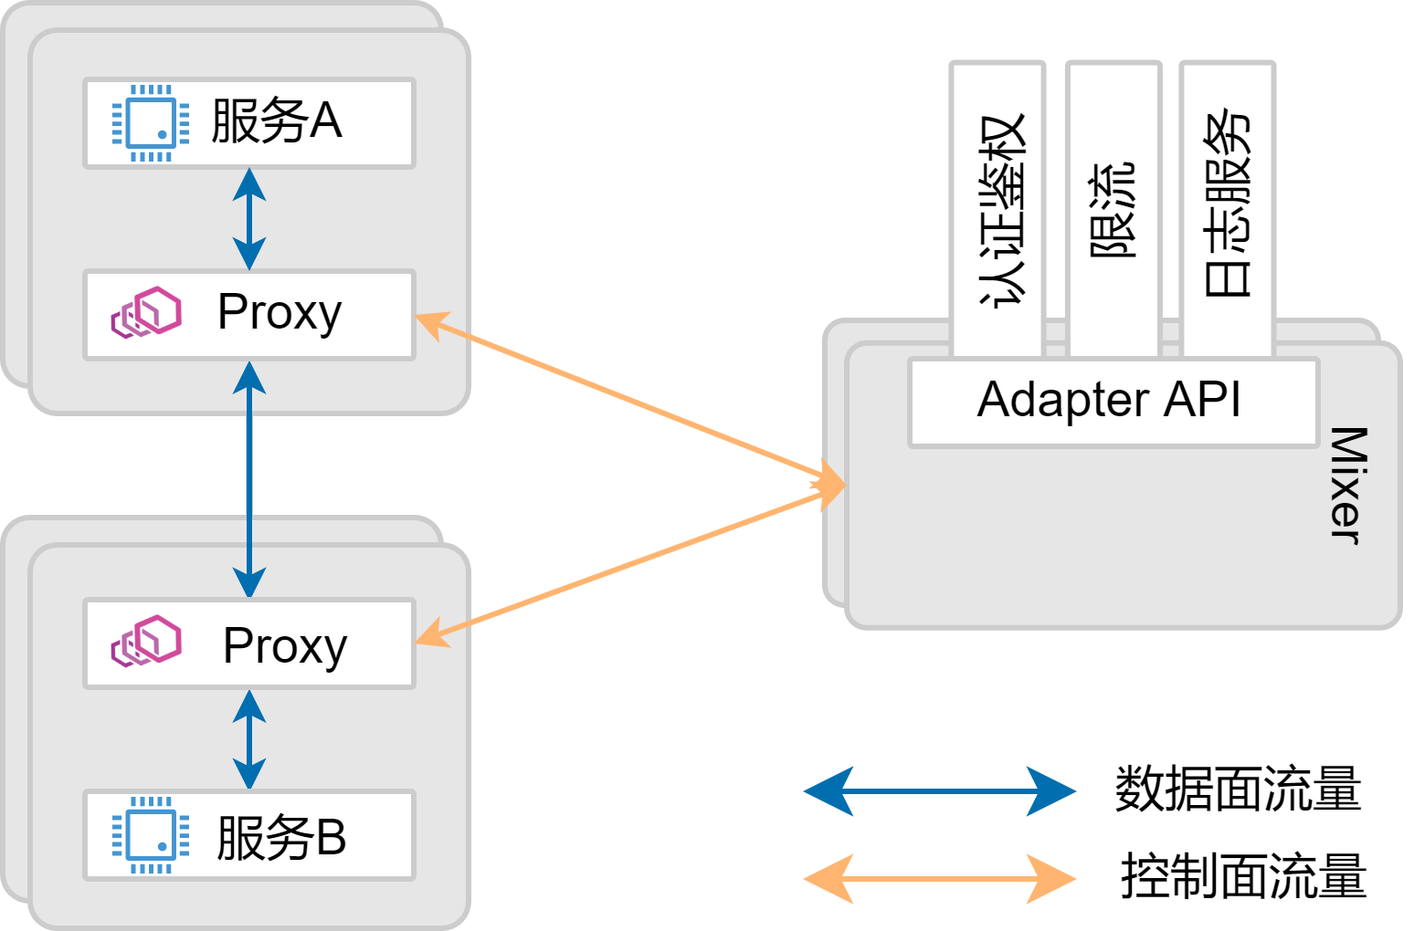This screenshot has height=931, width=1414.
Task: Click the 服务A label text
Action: [276, 121]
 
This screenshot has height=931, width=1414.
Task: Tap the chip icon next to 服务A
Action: [151, 122]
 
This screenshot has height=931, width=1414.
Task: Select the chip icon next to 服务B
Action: [151, 835]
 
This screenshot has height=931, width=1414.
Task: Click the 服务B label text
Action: [280, 837]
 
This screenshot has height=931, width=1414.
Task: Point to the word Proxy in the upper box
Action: [279, 313]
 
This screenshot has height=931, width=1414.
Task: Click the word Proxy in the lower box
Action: [284, 646]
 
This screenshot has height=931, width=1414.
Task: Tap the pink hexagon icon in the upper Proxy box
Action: [146, 312]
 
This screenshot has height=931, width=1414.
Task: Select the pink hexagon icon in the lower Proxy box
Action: [146, 641]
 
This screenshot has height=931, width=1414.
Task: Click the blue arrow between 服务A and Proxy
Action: [249, 219]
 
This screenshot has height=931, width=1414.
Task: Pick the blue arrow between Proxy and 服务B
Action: [249, 739]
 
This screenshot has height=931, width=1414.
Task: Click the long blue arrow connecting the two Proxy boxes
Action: [249, 479]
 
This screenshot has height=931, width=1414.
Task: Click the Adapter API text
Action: [1109, 400]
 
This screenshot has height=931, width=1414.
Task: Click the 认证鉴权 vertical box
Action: [998, 210]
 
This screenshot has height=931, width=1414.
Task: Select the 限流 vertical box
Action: [1113, 210]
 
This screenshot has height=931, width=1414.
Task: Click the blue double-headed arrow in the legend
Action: [939, 791]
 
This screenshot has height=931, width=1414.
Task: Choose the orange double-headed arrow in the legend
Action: [939, 879]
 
